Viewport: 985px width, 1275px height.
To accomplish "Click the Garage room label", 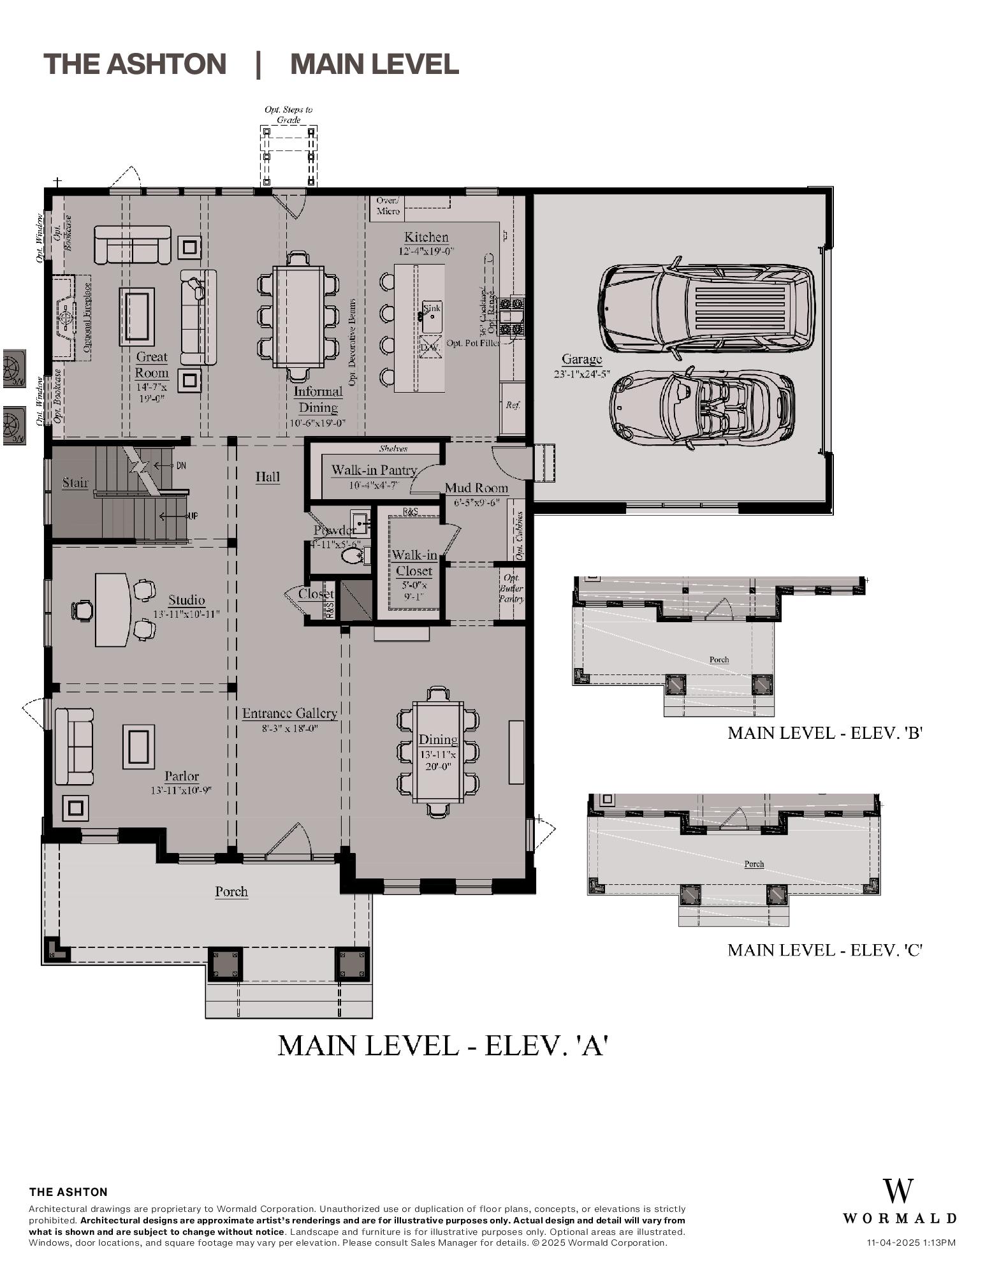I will pyautogui.click(x=581, y=360).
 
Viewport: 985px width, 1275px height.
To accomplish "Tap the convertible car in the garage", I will pyautogui.click(x=701, y=406).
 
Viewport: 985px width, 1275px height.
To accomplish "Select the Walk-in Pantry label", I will pyautogui.click(x=374, y=470).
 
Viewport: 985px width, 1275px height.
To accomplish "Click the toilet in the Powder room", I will pyautogui.click(x=353, y=557).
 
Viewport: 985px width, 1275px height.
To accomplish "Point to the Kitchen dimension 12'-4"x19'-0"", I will pyautogui.click(x=426, y=251).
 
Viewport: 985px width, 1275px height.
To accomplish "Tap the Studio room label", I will pyautogui.click(x=187, y=600).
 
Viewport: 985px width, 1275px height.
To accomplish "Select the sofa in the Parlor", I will pyautogui.click(x=73, y=746).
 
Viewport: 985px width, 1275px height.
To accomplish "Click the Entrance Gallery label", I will pyautogui.click(x=289, y=713).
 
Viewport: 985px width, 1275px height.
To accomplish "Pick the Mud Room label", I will pyautogui.click(x=476, y=488).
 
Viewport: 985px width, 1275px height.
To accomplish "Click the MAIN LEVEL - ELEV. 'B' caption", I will pyautogui.click(x=826, y=733).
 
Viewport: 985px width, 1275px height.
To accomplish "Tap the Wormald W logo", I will pyautogui.click(x=898, y=1191).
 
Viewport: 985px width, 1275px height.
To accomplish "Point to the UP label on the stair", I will pyautogui.click(x=192, y=516).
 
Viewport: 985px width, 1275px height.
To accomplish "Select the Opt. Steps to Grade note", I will pyautogui.click(x=288, y=115).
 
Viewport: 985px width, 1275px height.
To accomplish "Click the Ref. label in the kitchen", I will pyautogui.click(x=513, y=405).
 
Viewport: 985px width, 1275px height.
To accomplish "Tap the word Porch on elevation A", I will pyautogui.click(x=231, y=891).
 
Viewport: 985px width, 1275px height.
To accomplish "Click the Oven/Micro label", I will pyautogui.click(x=388, y=206).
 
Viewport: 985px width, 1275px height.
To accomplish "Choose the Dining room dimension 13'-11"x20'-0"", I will pyautogui.click(x=438, y=760).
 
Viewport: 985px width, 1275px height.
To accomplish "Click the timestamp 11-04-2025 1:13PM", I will pyautogui.click(x=911, y=1242).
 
